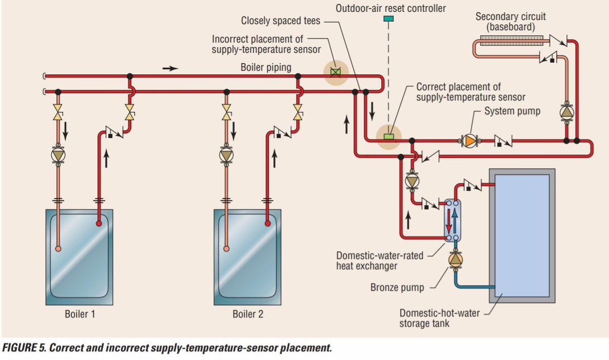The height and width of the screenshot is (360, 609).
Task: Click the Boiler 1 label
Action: [x=80, y=314]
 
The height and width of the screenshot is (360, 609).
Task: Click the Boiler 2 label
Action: [x=248, y=314]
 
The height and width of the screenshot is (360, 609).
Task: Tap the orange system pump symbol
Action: [x=469, y=140]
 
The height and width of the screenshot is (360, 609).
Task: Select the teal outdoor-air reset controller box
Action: [x=388, y=19]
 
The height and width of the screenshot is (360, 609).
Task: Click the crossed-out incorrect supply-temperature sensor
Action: [x=335, y=72]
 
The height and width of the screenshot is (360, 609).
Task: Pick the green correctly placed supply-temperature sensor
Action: [x=388, y=136]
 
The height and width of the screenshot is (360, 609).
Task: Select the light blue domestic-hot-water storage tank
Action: [x=522, y=235]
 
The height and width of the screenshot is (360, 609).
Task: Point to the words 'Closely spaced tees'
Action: [x=281, y=21]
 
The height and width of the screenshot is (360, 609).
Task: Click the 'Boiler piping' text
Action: [x=266, y=67]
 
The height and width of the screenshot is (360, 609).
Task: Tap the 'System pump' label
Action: [x=512, y=111]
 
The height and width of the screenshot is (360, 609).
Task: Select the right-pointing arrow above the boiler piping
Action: [x=171, y=68]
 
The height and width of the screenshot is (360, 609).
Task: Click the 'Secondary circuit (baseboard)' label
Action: [x=510, y=22]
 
